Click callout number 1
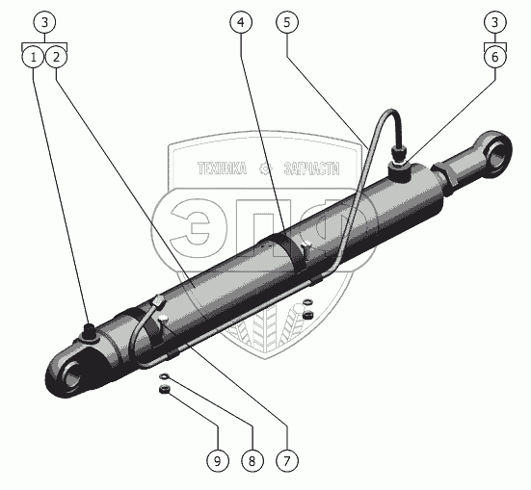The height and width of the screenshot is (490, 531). [33, 57]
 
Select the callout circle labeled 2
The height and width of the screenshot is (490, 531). [56, 57]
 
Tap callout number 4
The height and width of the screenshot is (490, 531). [241, 22]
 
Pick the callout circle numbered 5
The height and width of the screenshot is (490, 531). [287, 22]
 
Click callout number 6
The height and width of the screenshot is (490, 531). [495, 57]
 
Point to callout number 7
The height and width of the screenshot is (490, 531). [287, 460]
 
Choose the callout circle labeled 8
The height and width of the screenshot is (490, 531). [252, 460]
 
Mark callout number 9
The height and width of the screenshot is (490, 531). [218, 460]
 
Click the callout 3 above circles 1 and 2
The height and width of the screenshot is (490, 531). [44, 22]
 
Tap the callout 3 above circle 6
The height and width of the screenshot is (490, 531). [495, 22]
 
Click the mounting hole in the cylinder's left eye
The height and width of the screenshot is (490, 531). [72, 373]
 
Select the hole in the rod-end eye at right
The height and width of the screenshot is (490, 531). [497, 155]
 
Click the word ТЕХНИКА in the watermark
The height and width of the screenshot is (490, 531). [223, 168]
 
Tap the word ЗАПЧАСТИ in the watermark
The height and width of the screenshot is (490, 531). [311, 168]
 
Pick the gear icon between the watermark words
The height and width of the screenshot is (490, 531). [266, 168]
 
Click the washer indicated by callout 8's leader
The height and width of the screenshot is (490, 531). [164, 376]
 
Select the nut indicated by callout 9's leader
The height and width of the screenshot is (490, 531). [164, 390]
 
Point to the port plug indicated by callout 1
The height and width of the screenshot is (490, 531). [89, 330]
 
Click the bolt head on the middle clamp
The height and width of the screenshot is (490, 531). [307, 244]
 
